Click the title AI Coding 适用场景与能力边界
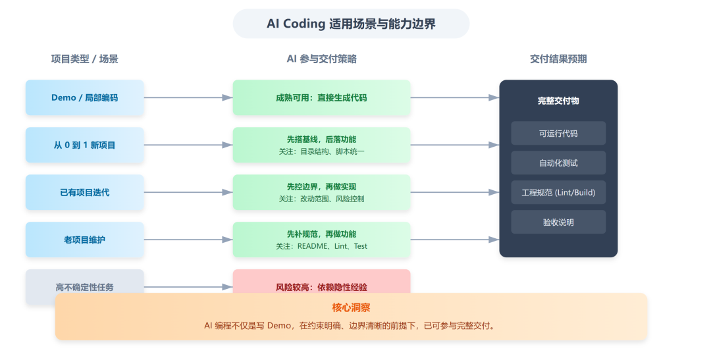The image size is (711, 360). coord(351,24)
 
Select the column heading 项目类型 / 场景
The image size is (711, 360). coord(85,59)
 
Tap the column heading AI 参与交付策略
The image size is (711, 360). coord(321,59)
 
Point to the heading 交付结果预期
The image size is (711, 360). coord(558,59)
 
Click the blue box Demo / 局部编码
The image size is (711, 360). coord(85,97)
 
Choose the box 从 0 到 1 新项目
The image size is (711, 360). coord(85,145)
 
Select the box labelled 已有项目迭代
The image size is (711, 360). coord(85,192)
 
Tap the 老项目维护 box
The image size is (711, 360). coord(85,240)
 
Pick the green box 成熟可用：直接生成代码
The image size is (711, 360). coord(321,97)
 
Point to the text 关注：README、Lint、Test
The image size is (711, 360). coord(321,246)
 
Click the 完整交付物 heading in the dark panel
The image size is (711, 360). coord(558,101)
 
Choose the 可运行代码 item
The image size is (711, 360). coord(558,133)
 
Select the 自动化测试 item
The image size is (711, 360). coord(558,163)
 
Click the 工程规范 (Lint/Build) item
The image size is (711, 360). coord(558,192)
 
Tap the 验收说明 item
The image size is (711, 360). coord(558,222)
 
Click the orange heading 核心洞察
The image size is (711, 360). coord(351,308)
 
